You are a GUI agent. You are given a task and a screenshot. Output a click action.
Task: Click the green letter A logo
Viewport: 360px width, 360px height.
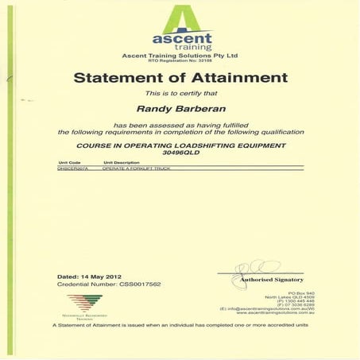(181, 17)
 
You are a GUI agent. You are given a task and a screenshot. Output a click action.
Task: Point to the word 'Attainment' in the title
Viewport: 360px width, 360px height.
(236, 77)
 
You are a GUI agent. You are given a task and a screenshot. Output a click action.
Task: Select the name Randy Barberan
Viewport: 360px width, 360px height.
(180, 110)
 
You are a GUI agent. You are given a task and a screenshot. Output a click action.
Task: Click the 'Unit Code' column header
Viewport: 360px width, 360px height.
(70, 163)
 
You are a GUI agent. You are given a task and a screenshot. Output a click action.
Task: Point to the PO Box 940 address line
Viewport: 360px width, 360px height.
(291, 293)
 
